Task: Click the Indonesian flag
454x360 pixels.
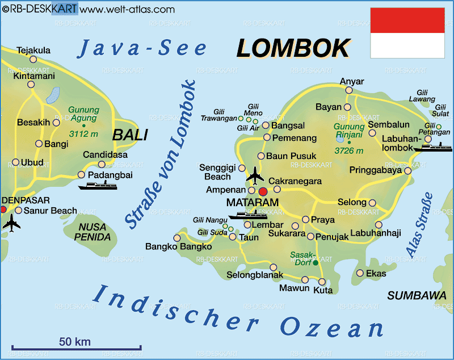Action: tap(407, 33)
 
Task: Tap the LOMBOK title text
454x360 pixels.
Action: tap(293, 49)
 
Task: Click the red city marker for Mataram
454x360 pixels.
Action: tap(262, 190)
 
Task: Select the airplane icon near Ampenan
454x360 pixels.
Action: tap(255, 175)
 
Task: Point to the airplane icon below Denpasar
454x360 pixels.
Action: tap(11, 223)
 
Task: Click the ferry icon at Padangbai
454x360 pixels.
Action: tap(97, 185)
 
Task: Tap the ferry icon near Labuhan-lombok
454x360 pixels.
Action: tap(433, 147)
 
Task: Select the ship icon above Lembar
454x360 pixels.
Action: tap(247, 215)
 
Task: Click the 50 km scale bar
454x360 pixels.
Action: tap(74, 348)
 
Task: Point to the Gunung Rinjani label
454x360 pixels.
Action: tap(349, 131)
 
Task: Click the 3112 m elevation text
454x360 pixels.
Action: tap(83, 134)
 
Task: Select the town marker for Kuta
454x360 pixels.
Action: tap(322, 282)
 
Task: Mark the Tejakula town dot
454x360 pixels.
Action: tap(33, 59)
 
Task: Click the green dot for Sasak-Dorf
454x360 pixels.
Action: tap(316, 262)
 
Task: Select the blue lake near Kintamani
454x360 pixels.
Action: tap(53, 95)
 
